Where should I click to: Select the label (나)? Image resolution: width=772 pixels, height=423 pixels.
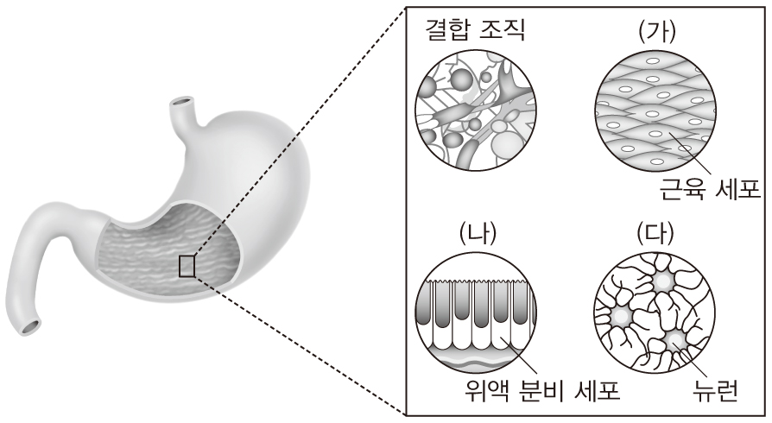click(x=477, y=234)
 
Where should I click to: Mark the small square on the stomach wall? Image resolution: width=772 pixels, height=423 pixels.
click(x=187, y=266)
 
